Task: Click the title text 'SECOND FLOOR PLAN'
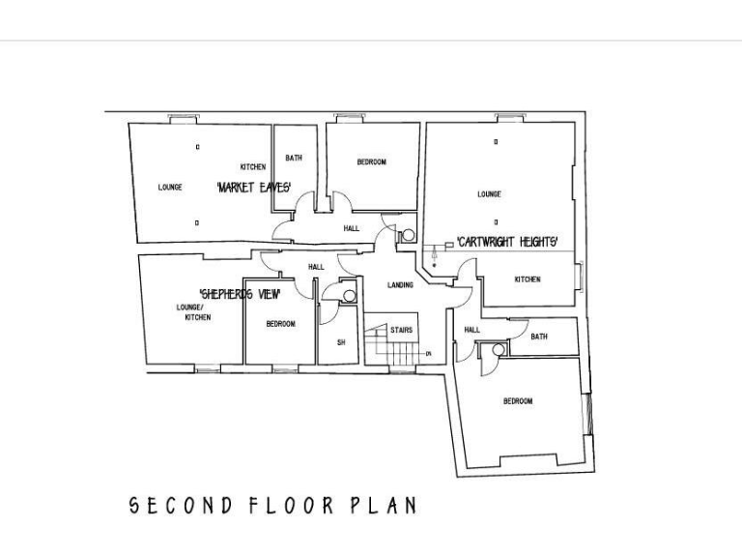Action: point(273,505)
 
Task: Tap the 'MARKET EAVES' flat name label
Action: point(254,187)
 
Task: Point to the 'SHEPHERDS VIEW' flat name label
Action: point(240,293)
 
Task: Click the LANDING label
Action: point(400,285)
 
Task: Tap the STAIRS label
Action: point(402,330)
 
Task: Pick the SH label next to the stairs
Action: point(340,342)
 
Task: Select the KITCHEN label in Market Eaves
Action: point(253,167)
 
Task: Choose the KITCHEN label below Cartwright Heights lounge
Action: point(528,279)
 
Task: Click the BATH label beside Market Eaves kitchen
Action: point(294,158)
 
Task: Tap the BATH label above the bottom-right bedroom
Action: point(539,337)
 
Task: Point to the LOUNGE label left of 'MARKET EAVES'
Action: point(170,188)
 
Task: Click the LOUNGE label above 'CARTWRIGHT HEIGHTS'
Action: point(489,194)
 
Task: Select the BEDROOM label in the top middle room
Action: point(372,162)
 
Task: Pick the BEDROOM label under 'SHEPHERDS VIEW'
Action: point(280,324)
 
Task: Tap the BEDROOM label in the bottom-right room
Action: point(518,401)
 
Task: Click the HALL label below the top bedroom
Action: point(351,228)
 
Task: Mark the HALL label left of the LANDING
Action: point(316,267)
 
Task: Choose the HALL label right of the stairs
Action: point(471,330)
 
